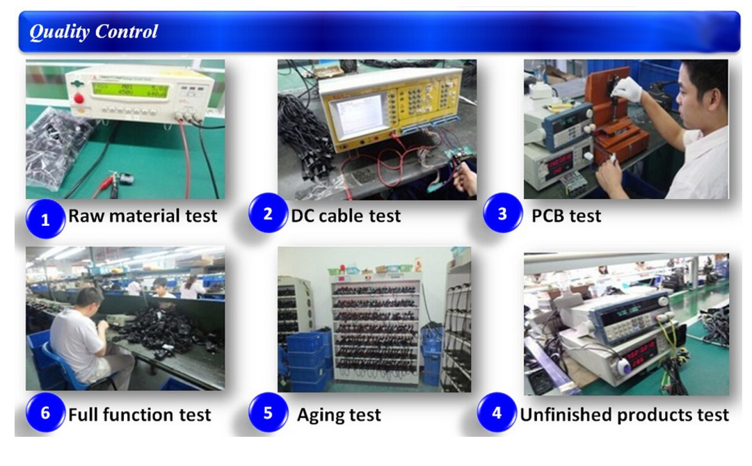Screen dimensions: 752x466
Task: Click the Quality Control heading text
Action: click(x=93, y=32)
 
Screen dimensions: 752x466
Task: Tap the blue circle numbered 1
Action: click(x=45, y=219)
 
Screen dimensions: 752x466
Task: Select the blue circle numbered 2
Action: click(x=268, y=214)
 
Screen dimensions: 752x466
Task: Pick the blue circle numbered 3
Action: click(x=503, y=214)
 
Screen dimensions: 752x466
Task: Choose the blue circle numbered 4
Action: click(x=497, y=412)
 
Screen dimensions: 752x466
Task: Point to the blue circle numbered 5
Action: click(x=268, y=412)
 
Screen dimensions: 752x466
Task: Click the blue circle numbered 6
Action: click(x=45, y=412)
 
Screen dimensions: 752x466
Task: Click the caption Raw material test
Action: click(x=143, y=216)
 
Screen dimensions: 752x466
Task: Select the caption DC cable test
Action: click(x=346, y=216)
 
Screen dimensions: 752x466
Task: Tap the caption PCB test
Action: click(x=566, y=216)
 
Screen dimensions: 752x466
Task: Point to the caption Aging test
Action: click(x=339, y=415)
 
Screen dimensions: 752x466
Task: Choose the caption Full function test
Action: click(x=140, y=415)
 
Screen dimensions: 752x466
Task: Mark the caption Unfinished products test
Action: click(x=625, y=415)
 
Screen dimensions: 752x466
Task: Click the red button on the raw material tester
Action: click(x=79, y=99)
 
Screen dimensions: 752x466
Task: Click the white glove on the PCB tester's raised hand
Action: click(x=629, y=89)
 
